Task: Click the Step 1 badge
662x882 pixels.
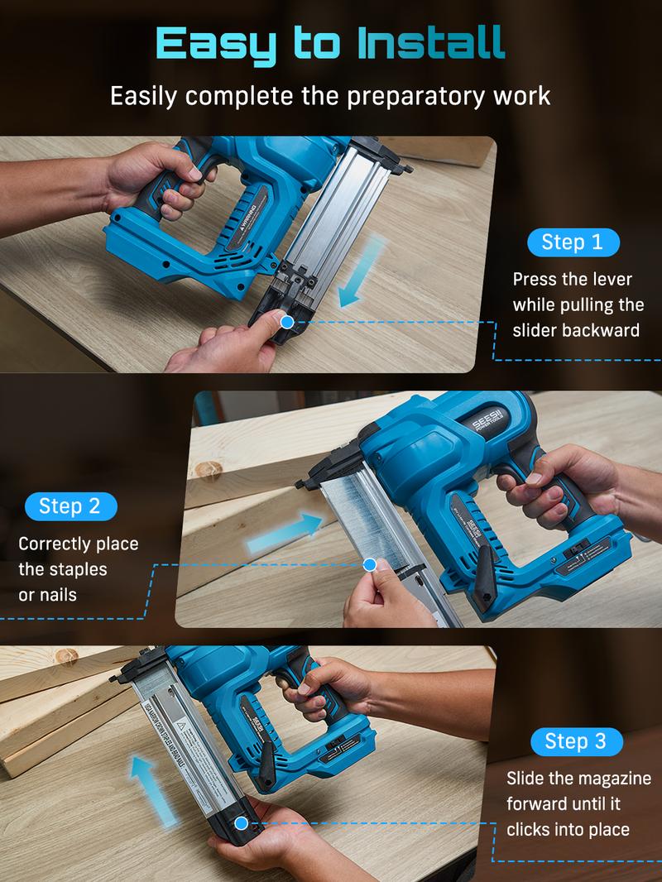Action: click(x=573, y=242)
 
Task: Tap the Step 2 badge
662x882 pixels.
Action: click(x=71, y=506)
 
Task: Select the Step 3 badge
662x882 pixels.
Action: click(x=575, y=741)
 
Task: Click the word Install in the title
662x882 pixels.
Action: click(x=432, y=43)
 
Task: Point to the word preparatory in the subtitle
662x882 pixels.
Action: click(x=400, y=95)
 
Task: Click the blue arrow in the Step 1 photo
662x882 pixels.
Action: click(x=362, y=269)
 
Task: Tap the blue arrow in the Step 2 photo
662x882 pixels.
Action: click(x=285, y=530)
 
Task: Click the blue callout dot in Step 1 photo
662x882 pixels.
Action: click(x=287, y=322)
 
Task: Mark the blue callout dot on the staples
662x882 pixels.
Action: click(x=370, y=565)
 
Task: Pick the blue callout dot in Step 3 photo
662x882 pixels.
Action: click(x=241, y=823)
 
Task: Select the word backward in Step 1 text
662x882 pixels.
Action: click(x=601, y=330)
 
